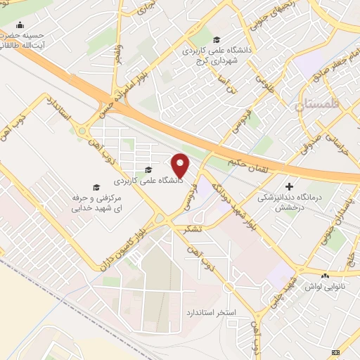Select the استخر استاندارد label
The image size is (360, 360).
coord(212,311)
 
